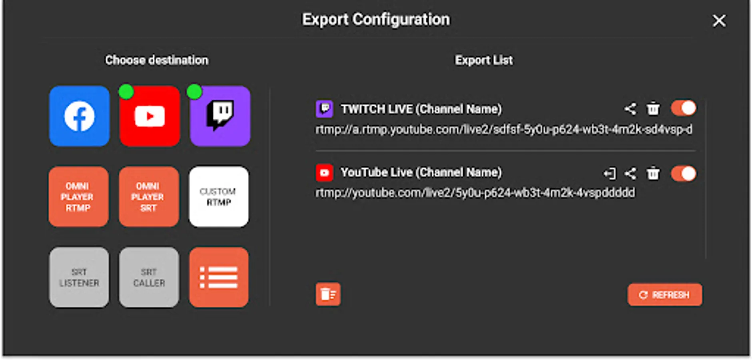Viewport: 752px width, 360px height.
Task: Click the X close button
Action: point(719,21)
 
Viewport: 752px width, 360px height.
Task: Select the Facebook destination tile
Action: point(79,116)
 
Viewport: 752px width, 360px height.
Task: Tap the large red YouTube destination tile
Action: point(150,116)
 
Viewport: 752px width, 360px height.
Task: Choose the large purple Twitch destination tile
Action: point(220,116)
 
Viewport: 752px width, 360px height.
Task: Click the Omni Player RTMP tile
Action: point(79,197)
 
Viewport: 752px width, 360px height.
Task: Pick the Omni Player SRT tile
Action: point(149,197)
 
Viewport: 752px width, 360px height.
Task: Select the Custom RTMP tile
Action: point(219,197)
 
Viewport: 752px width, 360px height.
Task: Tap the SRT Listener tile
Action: point(79,277)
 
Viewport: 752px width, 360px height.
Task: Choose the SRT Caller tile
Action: point(149,277)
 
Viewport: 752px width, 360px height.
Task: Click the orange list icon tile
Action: point(219,277)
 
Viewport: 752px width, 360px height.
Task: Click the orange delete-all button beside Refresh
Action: point(328,294)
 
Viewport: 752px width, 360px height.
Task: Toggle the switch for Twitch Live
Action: point(684,108)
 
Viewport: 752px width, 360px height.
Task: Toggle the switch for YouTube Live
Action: point(684,174)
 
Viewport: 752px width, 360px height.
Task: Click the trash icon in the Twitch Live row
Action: point(653,108)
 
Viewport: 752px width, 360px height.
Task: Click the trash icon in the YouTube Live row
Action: point(653,174)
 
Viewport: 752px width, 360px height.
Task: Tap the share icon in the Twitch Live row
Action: point(630,109)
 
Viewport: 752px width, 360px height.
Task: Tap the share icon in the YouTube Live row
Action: point(630,174)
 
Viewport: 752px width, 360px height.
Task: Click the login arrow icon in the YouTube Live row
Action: point(610,174)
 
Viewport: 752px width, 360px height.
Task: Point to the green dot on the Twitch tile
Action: point(194,92)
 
